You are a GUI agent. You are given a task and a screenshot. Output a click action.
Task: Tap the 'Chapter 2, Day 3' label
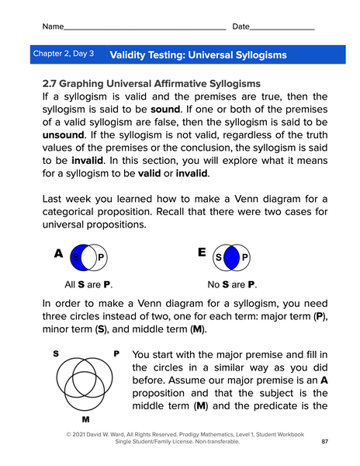point(64,54)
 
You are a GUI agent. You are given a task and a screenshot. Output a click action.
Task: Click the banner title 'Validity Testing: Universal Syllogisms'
point(199,55)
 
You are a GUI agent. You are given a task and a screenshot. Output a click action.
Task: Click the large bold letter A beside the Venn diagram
point(58,253)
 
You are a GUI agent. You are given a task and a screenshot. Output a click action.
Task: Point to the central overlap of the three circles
point(86,381)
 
